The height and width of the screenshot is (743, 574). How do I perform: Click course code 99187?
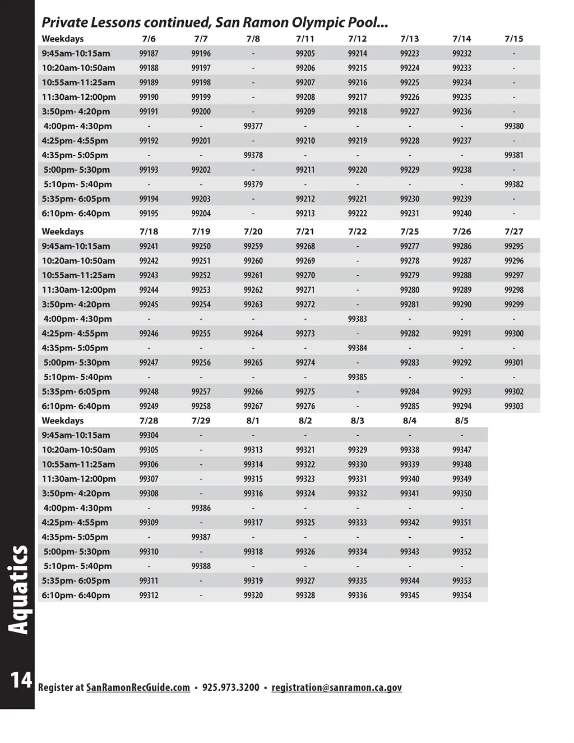[149, 53]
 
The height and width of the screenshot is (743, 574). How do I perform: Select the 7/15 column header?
[513, 39]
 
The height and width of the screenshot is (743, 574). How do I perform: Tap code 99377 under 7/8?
[253, 126]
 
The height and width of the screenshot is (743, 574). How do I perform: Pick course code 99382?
[513, 184]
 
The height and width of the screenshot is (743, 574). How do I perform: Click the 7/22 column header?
[357, 232]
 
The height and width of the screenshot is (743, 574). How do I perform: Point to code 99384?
[357, 348]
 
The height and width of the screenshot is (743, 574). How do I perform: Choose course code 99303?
[513, 406]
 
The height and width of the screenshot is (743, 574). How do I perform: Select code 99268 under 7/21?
[305, 246]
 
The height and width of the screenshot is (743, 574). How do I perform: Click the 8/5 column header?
[461, 421]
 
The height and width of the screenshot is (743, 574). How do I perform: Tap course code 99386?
[201, 508]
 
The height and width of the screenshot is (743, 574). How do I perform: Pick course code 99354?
[461, 596]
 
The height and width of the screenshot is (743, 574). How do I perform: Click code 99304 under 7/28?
[149, 435]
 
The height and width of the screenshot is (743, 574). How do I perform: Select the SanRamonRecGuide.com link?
[138, 687]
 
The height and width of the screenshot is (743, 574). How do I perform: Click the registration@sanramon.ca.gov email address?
[336, 687]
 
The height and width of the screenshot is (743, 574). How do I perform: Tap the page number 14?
[21, 680]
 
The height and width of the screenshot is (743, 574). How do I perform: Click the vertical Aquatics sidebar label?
[19, 590]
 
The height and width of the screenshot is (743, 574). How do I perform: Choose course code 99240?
[461, 214]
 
